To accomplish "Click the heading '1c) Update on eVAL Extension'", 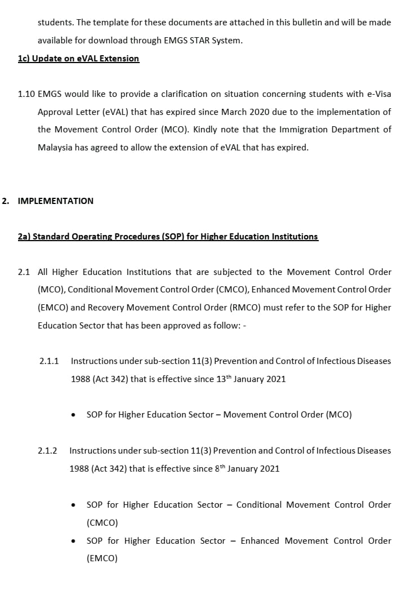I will (x=78, y=59).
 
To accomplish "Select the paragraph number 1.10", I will (x=26, y=94).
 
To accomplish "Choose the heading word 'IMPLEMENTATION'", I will (x=56, y=201).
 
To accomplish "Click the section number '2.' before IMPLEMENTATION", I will (x=6, y=201).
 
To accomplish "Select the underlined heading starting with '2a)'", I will (x=168, y=237).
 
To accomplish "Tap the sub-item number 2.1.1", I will (x=49, y=361).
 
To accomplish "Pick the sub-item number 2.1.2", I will (x=48, y=451).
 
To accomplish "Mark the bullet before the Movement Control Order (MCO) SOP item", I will (x=74, y=415).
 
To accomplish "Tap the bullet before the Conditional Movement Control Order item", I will (x=74, y=505).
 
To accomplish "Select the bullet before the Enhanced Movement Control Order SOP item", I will (x=74, y=542).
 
